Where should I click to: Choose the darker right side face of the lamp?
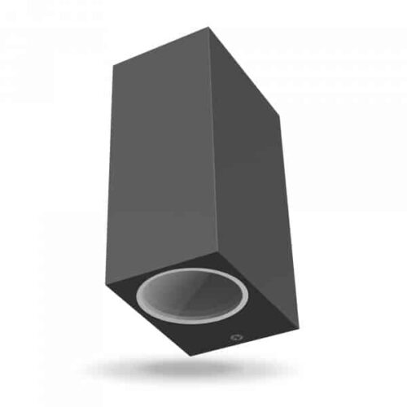pyautogui.click(x=248, y=187)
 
